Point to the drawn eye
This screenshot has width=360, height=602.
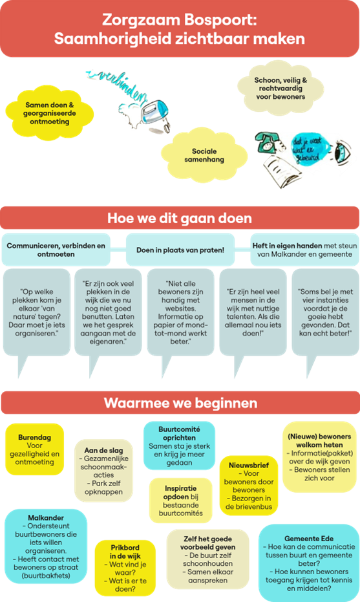click(x=341, y=151)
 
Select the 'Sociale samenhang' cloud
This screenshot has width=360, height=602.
click(x=204, y=155)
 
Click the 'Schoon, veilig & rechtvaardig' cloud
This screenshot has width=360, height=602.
click(x=280, y=89)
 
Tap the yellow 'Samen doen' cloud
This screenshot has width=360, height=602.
click(x=50, y=113)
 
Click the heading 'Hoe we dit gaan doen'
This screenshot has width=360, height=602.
click(x=180, y=218)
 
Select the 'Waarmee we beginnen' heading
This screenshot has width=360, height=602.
click(x=180, y=403)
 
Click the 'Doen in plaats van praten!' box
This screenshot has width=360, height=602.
click(x=180, y=250)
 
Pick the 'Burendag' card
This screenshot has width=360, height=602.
click(x=34, y=449)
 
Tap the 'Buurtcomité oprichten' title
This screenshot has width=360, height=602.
click(x=179, y=433)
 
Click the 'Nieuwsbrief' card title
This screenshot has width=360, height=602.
click(x=249, y=465)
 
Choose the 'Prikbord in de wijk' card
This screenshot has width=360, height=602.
click(x=125, y=568)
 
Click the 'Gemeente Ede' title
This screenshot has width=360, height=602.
click(x=309, y=539)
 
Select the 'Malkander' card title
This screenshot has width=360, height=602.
click(x=46, y=517)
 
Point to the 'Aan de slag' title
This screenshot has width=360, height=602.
click(x=103, y=450)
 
